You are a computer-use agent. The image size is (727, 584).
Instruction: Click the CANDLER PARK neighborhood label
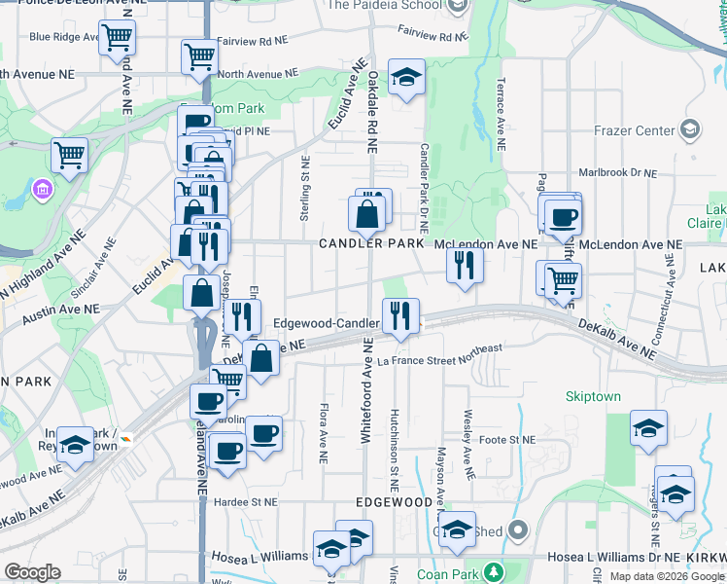pyautogui.click(x=371, y=243)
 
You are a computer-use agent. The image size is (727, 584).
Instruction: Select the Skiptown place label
pyautogui.click(x=593, y=397)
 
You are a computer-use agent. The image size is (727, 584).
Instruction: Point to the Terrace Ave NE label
pyautogui.click(x=502, y=115)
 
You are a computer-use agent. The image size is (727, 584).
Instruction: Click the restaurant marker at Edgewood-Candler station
pyautogui.click(x=400, y=315)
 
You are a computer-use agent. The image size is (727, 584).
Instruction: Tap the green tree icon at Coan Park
pyautogui.click(x=495, y=572)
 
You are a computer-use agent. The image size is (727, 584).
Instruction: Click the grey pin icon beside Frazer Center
pyautogui.click(x=689, y=129)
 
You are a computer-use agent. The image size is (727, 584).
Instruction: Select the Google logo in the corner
pyautogui.click(x=32, y=572)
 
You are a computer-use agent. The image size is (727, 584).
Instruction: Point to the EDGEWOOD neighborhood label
pyautogui.click(x=394, y=502)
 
